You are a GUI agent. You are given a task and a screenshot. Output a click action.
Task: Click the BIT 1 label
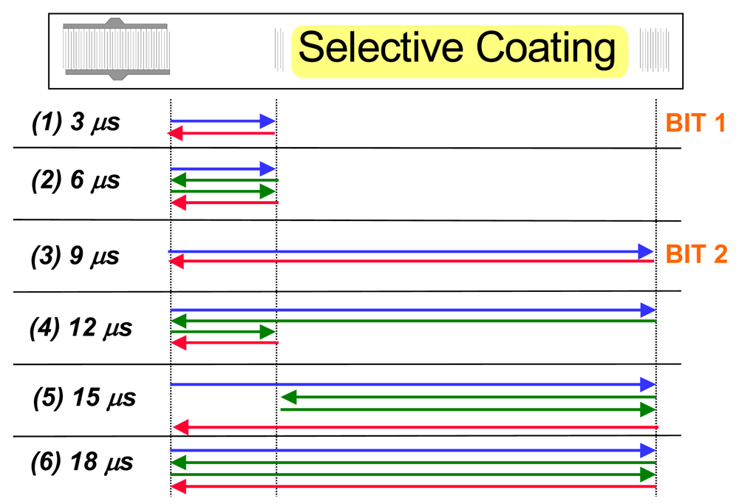tap(695, 123)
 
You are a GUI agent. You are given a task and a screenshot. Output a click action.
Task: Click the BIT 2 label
tap(696, 255)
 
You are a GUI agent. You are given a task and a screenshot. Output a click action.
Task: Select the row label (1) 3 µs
tap(75, 123)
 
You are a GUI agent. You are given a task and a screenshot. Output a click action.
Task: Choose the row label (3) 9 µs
tap(75, 256)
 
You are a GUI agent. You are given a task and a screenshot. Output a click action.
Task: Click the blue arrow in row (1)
tap(222, 120)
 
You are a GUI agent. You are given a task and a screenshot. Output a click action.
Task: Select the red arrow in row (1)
tap(222, 133)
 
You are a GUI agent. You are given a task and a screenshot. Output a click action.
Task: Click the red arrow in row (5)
tap(414, 427)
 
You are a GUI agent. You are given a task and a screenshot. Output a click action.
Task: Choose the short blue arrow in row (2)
tap(222, 168)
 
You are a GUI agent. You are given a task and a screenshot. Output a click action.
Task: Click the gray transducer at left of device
tap(117, 50)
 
